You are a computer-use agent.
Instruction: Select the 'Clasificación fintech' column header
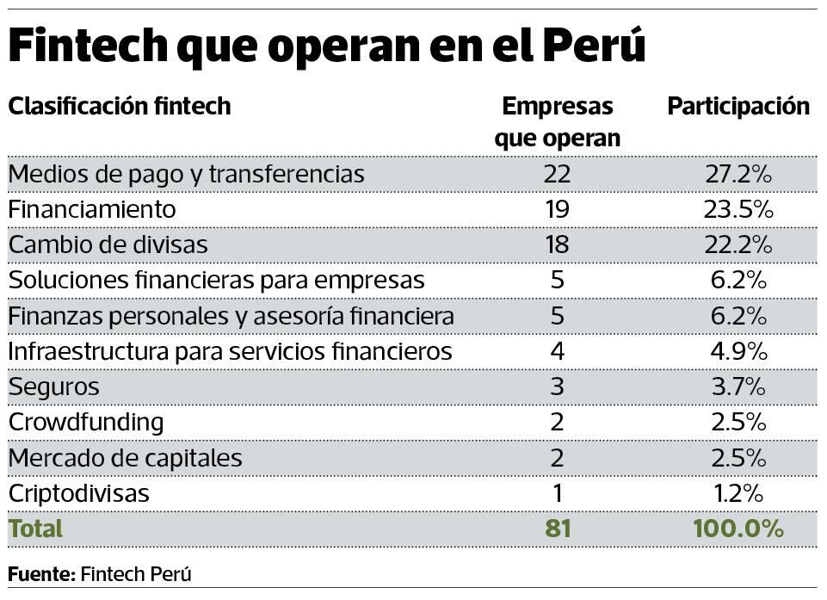[x=120, y=107]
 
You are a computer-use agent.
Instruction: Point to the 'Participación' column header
[x=738, y=107]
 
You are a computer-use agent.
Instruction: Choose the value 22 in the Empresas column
[x=557, y=175]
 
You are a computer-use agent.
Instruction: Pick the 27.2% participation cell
[x=738, y=175]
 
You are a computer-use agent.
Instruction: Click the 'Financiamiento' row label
[x=92, y=210]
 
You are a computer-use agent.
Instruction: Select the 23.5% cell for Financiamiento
[x=738, y=210]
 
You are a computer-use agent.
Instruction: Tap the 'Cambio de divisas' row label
[x=108, y=245]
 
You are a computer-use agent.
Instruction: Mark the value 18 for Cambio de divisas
[x=557, y=245]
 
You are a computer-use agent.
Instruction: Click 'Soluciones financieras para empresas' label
[x=217, y=281]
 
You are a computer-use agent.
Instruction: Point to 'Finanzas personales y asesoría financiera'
[x=231, y=317]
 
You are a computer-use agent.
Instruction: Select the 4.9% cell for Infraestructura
[x=738, y=352]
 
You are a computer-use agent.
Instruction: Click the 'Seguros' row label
[x=53, y=387]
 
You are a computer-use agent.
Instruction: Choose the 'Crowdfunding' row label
[x=86, y=423]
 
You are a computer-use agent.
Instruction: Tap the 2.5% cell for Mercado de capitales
[x=738, y=458]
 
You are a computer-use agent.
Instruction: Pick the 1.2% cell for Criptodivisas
[x=738, y=494]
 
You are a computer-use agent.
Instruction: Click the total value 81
[x=557, y=529]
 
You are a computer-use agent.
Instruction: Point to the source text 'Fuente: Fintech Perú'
[x=100, y=574]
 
